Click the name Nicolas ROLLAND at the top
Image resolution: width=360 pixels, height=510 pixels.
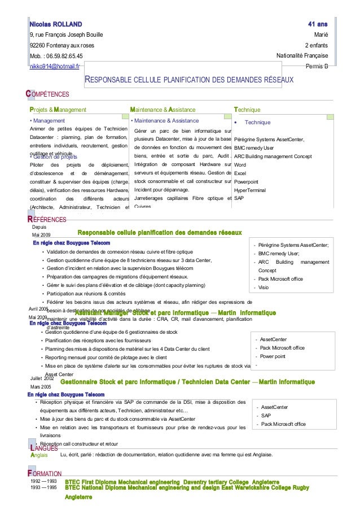[x=56, y=25]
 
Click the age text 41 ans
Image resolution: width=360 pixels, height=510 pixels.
[x=318, y=25]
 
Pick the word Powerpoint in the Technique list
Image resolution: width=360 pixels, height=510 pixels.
[x=246, y=182]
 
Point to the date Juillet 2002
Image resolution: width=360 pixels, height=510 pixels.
[x=41, y=378]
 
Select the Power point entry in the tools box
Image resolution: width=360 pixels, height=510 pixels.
[x=273, y=356]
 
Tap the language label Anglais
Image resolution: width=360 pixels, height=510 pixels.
[x=39, y=455]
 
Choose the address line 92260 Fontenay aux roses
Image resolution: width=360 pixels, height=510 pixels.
[x=62, y=46]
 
